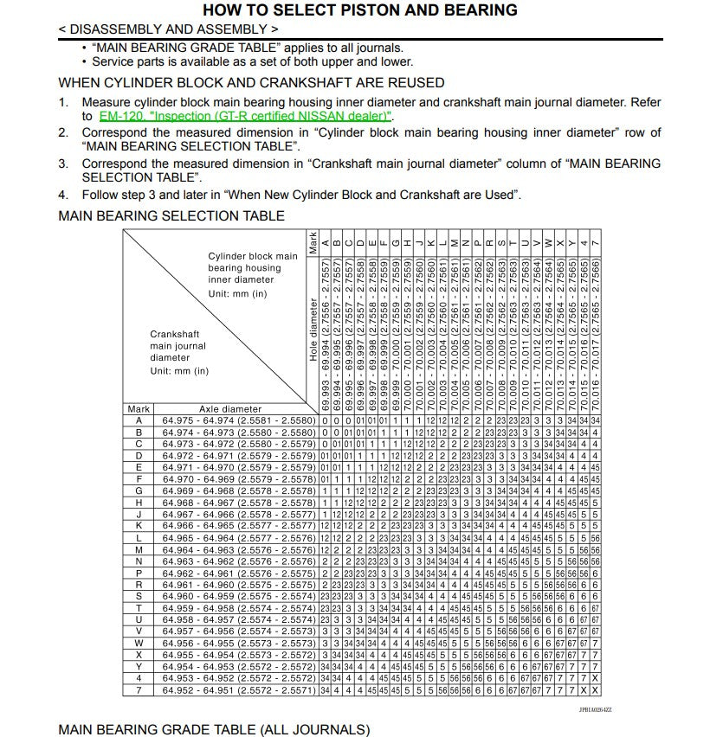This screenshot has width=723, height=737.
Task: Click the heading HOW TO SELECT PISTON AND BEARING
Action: point(359,10)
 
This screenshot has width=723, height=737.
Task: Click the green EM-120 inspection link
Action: point(246,116)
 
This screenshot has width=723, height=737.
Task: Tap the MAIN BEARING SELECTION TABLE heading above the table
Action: point(171,215)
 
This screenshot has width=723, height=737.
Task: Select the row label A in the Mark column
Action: point(139,420)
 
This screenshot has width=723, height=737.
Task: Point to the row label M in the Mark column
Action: point(139,549)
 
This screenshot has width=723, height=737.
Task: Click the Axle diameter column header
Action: point(230,409)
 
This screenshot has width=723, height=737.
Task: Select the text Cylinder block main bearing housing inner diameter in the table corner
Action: point(252,268)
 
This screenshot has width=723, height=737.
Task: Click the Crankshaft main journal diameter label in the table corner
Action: point(178,346)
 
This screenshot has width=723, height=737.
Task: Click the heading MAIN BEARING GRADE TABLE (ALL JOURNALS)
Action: point(214,729)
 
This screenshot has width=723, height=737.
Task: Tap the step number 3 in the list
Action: point(63,163)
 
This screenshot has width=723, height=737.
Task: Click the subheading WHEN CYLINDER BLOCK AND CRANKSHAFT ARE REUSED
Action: point(251,83)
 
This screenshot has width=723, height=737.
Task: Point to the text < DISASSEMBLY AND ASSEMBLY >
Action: point(168,29)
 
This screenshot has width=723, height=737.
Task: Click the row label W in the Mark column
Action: point(139,643)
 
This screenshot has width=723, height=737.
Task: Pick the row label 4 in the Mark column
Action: point(139,678)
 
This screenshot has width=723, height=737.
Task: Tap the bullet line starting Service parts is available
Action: point(252,61)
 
